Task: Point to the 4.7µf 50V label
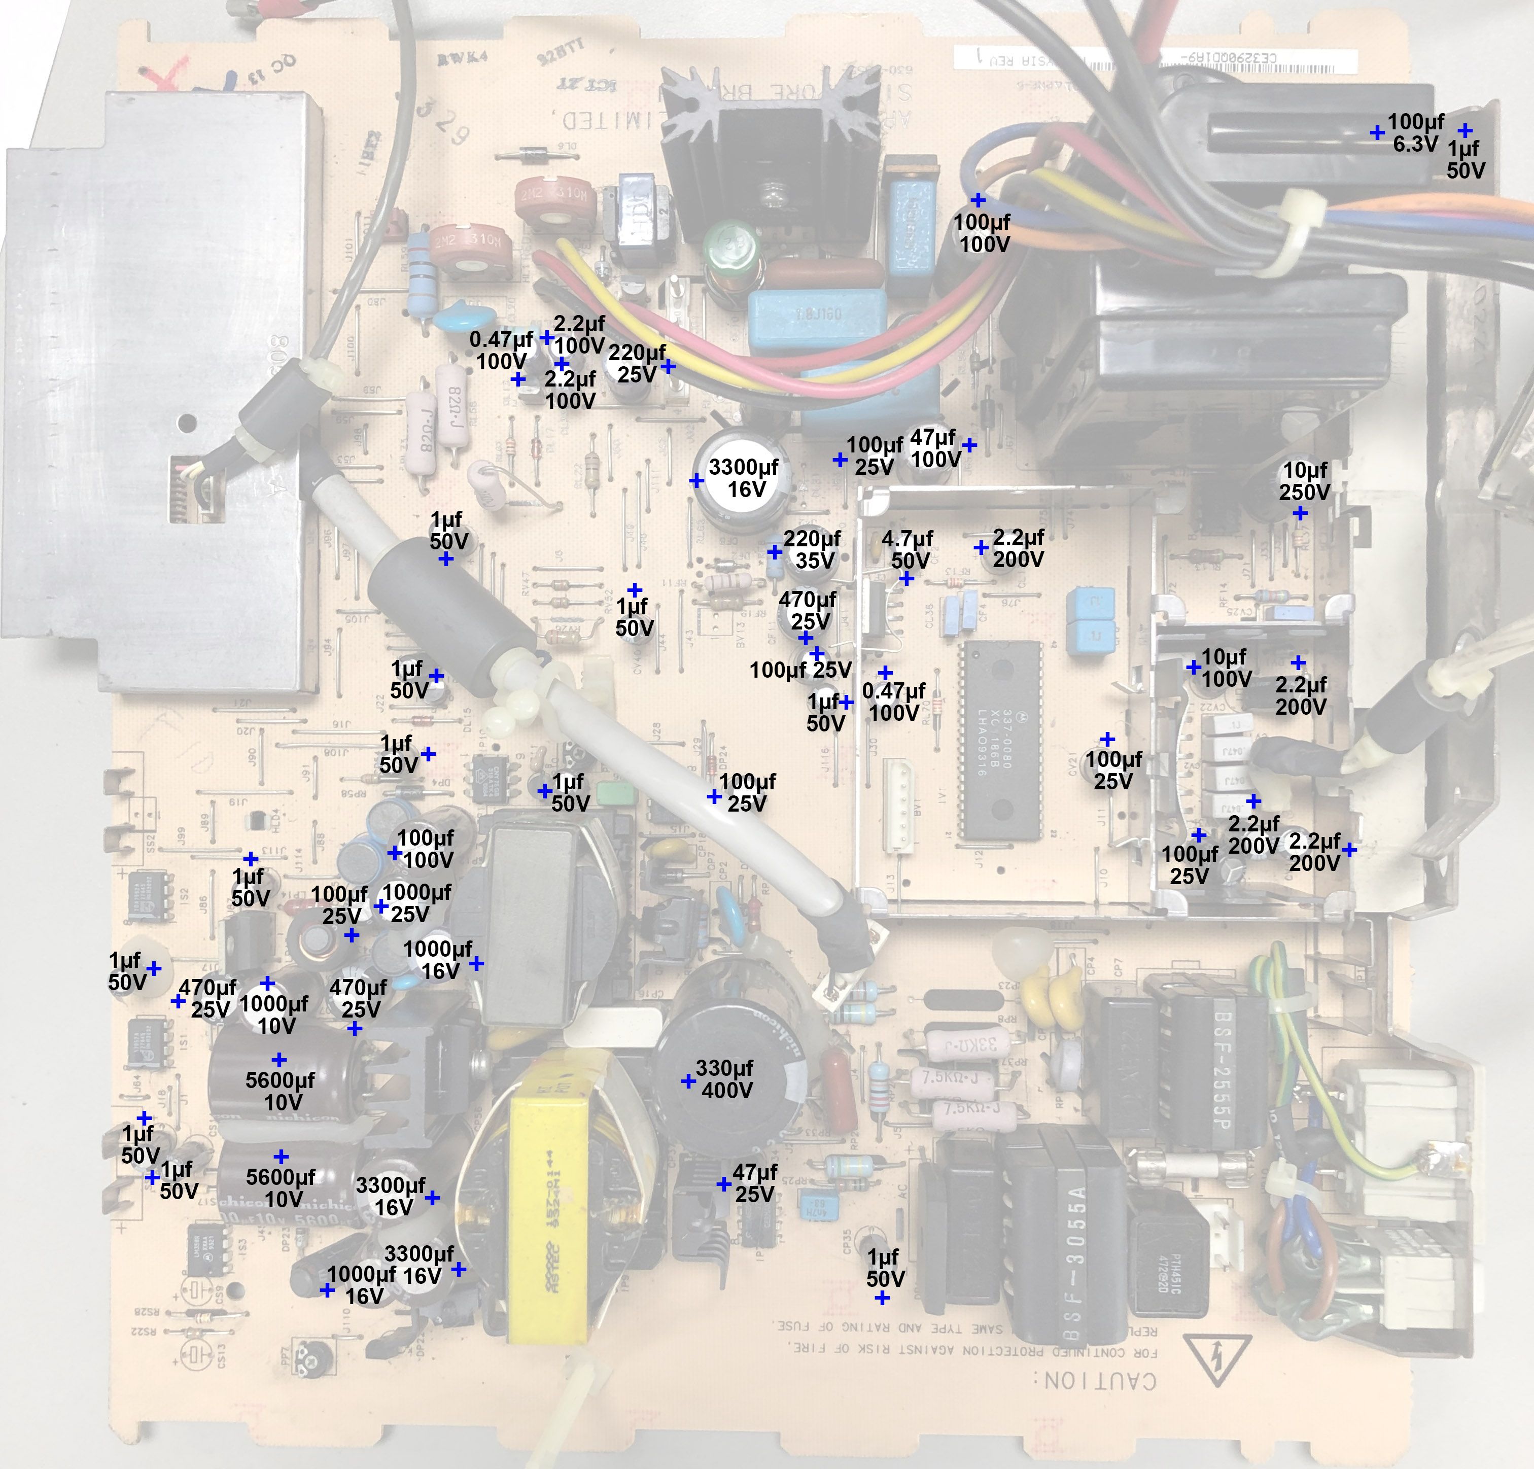coord(908,549)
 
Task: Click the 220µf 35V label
coord(812,549)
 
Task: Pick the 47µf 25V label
coord(754,1182)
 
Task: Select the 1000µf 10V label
coord(274,1015)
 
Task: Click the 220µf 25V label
coord(637,364)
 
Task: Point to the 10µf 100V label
coord(1225,668)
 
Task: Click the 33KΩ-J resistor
coord(963,1044)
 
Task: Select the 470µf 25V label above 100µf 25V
coord(808,610)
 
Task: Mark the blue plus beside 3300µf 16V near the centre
coord(696,480)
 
